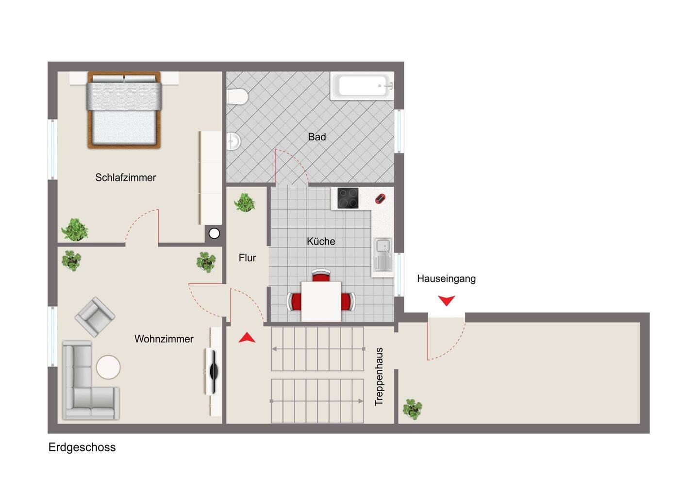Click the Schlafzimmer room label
(x=125, y=178)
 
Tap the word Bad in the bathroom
(x=316, y=137)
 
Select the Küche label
(x=321, y=241)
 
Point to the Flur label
(x=247, y=258)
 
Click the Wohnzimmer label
(x=164, y=339)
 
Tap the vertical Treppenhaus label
(x=379, y=377)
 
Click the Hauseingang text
(x=446, y=279)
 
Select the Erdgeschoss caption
(x=82, y=447)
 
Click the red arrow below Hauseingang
(x=446, y=300)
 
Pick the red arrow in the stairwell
(x=247, y=338)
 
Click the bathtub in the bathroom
(x=362, y=86)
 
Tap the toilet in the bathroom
(x=237, y=97)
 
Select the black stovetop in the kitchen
(x=348, y=198)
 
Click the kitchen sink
(x=383, y=254)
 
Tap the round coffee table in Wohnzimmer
(x=108, y=367)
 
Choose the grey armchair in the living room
(x=95, y=316)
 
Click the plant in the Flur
(x=245, y=202)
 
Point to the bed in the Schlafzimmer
(x=124, y=110)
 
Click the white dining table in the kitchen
(x=321, y=301)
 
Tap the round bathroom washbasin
(x=233, y=142)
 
